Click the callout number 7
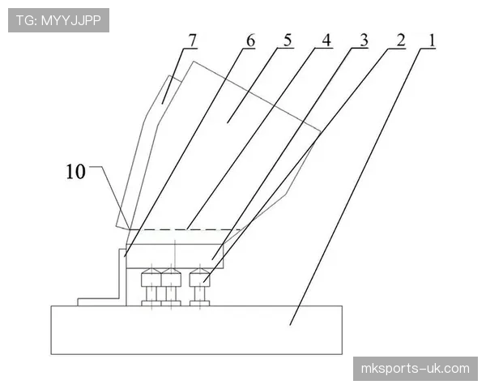tap(193, 41)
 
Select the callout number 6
tap(250, 41)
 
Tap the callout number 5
tap(288, 41)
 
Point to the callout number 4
tap(326, 41)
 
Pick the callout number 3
tap(364, 41)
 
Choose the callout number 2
tap(401, 41)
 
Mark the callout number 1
tap(431, 41)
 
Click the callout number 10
tap(75, 172)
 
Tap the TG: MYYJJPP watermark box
tap(58, 20)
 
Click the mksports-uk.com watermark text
tap(416, 369)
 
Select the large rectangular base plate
tap(197, 330)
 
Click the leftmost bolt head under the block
tap(151, 277)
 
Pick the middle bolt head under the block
tap(171, 277)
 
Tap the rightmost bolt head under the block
tap(200, 277)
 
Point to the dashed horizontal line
tap(185, 229)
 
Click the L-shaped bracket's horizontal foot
tap(98, 302)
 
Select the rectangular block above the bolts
tap(175, 256)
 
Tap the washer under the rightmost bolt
tap(200, 303)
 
